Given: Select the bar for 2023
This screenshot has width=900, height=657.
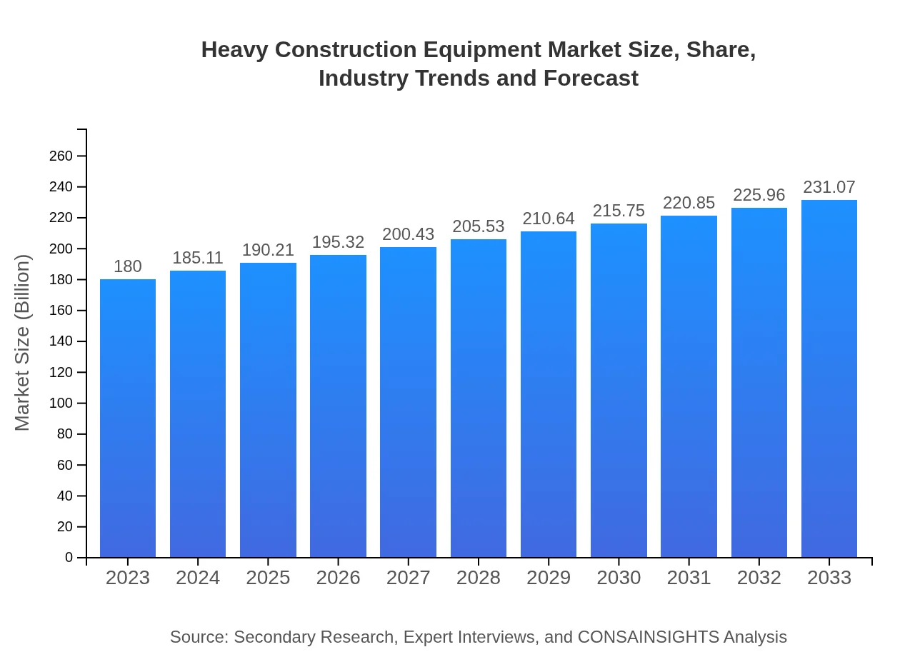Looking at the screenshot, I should [128, 418].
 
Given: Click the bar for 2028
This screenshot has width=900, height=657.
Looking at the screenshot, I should [479, 398].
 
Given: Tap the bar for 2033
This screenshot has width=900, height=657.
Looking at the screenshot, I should [829, 378].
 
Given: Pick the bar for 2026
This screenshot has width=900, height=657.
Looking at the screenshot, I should [338, 406].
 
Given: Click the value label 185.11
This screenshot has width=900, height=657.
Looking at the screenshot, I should [198, 258].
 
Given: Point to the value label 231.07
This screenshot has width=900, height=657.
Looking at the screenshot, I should [829, 187].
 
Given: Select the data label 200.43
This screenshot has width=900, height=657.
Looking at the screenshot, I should [409, 234].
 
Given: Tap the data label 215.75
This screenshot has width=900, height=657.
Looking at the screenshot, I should [619, 211].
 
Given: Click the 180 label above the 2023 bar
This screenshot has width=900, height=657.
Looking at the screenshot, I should [128, 266].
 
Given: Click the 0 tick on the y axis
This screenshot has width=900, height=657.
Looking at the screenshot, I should [69, 558].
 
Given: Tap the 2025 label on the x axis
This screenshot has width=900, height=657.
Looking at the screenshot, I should [268, 578].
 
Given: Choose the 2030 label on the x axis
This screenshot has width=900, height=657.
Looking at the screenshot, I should [619, 578].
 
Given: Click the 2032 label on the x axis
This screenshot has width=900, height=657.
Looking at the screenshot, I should [759, 578].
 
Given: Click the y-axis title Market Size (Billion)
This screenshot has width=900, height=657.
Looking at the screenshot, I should [23, 343].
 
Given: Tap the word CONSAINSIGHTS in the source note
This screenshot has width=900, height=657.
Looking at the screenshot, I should [648, 637].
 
